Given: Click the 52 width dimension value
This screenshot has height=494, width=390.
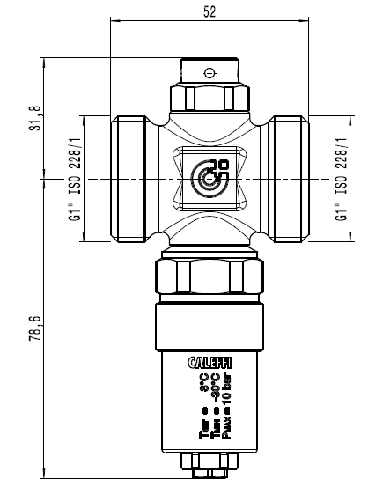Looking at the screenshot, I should coord(209,11).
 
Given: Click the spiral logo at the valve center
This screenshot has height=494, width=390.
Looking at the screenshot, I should coord(210,177).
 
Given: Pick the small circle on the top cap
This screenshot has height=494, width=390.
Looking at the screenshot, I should coord(209,71).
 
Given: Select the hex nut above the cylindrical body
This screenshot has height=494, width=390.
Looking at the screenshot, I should coord(209,279).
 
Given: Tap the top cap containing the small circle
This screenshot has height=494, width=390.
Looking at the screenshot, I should coord(209,70).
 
